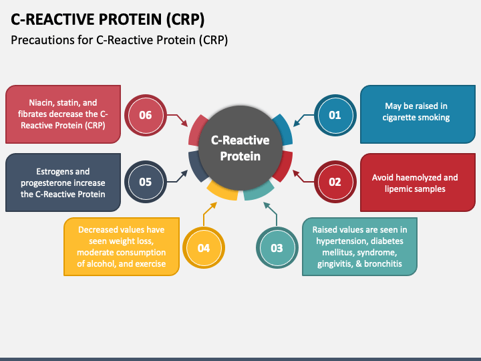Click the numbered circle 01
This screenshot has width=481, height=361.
(335, 115)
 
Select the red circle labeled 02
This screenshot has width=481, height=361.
(335, 182)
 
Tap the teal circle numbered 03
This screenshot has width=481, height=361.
(277, 248)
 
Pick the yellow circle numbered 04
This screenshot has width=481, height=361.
(204, 248)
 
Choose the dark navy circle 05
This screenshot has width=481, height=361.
(146, 182)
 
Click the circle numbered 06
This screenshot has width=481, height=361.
(146, 115)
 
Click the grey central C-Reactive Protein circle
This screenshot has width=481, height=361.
(240, 148)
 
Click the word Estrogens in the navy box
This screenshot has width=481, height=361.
(50, 172)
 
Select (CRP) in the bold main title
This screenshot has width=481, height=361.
(185, 19)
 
